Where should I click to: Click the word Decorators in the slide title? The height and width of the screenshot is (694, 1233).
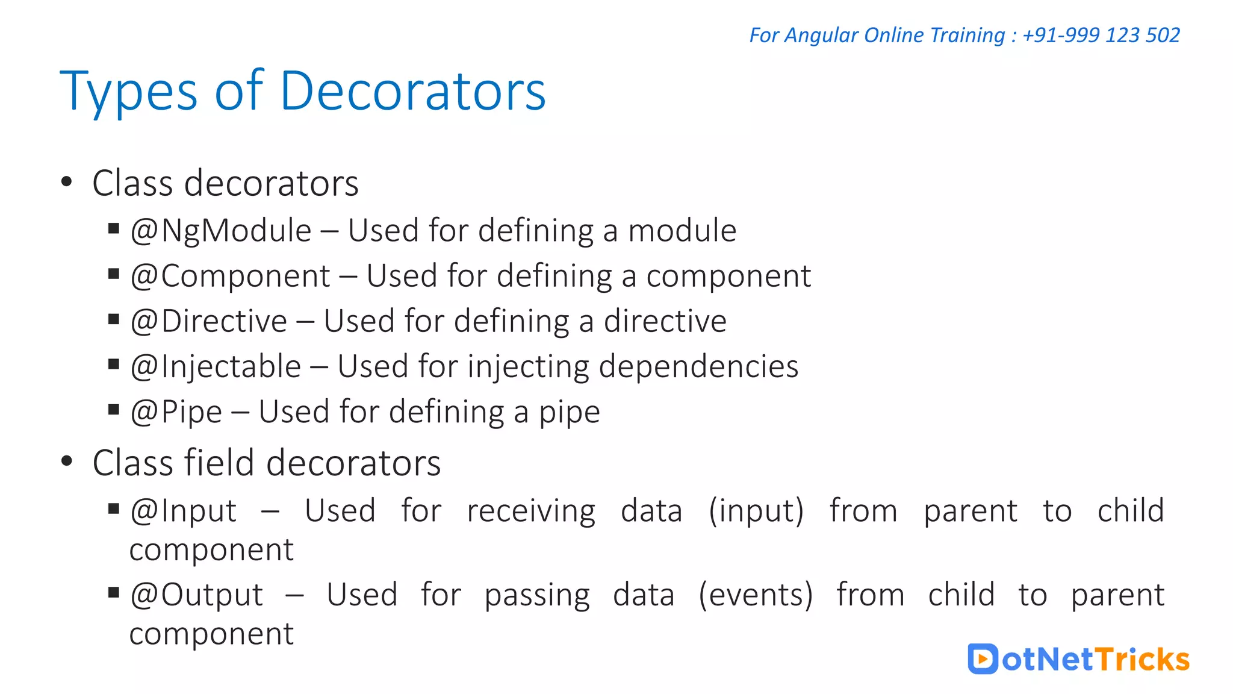412,91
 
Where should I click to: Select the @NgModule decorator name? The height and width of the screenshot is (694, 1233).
221,231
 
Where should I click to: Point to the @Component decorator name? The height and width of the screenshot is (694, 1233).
230,277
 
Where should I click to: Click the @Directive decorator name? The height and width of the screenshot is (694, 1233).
208,321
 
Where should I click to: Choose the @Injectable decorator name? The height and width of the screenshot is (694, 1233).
216,366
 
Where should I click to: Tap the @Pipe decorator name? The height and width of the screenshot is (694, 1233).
176,412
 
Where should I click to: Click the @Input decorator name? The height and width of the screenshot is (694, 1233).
183,511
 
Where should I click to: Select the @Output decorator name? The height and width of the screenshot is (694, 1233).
196,595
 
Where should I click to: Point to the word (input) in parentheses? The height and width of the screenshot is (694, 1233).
756,511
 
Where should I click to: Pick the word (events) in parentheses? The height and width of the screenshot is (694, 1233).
756,595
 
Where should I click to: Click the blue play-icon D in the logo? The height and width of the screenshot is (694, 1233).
983,658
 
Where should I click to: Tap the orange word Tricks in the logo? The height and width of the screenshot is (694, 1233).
1142,659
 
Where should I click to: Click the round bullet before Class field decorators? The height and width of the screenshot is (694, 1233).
67,462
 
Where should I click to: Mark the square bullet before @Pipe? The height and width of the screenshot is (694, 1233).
114,410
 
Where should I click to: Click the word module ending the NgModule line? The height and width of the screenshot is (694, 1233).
682,231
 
